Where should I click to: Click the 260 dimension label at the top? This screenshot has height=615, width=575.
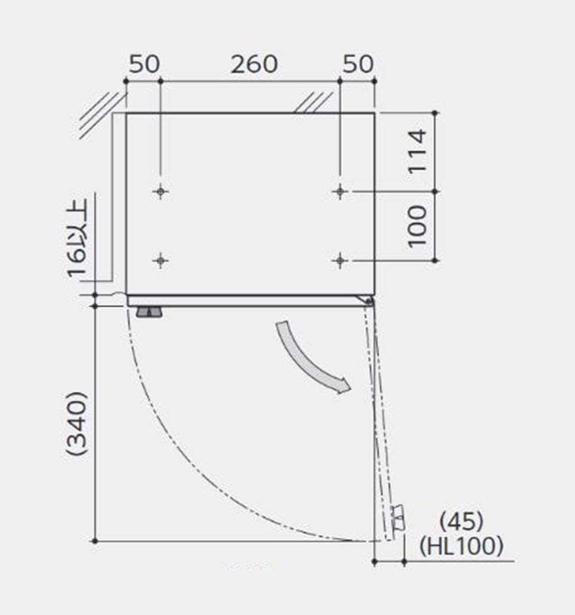[254, 65]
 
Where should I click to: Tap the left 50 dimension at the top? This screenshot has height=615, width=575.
[144, 65]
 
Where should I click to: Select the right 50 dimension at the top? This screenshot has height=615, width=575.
[357, 65]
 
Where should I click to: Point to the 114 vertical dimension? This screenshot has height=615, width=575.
[418, 152]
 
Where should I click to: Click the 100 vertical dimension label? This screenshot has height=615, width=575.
[418, 226]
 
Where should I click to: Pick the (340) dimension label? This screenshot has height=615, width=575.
[76, 424]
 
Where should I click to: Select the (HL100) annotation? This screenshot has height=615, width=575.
[461, 546]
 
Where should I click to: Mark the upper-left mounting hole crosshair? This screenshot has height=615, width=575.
[161, 191]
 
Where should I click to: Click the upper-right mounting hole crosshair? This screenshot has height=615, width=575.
[341, 191]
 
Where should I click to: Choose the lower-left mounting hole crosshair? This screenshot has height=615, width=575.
[161, 261]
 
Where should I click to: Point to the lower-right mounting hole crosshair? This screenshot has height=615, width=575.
[341, 261]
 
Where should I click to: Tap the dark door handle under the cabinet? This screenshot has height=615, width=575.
[149, 312]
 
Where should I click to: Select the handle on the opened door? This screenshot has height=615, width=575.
[398, 518]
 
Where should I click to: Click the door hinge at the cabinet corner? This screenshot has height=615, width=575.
[368, 300]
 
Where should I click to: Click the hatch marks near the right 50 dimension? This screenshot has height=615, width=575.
[313, 102]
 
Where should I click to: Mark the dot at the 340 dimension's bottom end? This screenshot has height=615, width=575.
[95, 541]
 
